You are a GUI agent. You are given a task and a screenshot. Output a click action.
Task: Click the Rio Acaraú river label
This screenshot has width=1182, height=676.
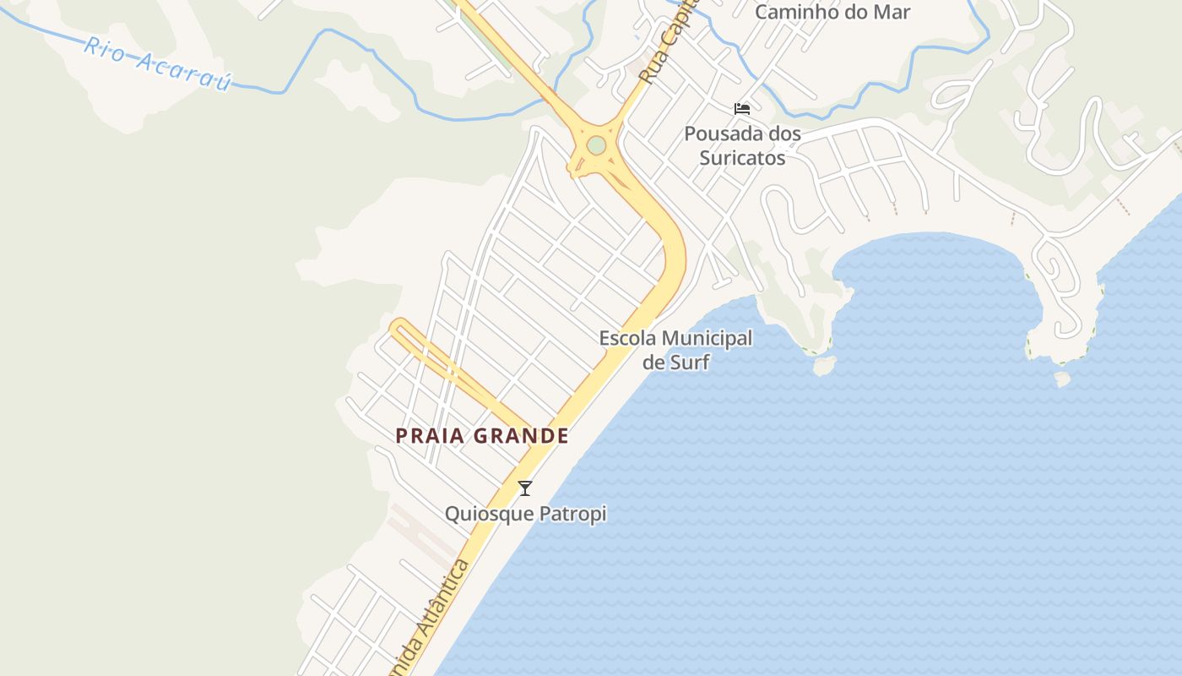[x=157, y=63]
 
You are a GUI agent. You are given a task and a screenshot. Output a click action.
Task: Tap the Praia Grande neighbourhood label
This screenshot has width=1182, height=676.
[x=481, y=436]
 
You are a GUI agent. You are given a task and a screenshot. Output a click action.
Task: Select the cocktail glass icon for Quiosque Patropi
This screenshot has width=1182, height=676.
[x=525, y=488]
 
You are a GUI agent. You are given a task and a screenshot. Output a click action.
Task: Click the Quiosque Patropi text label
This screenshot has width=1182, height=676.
[x=525, y=513]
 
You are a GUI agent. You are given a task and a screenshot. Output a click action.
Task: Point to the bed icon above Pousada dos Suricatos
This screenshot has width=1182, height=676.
[x=742, y=108]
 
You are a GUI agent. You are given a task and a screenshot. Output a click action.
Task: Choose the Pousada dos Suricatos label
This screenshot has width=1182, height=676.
[x=742, y=145]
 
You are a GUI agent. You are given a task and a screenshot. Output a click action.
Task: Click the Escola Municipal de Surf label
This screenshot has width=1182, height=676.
[x=675, y=350]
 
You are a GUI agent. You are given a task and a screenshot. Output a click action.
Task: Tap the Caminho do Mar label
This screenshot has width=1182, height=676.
[x=832, y=13]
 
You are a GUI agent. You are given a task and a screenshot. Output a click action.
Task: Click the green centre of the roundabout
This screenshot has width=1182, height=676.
[x=596, y=145]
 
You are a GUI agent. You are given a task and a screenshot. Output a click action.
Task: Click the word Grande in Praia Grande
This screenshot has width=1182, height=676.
[x=520, y=436]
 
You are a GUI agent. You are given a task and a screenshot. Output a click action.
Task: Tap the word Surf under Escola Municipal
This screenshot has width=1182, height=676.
[x=675, y=363]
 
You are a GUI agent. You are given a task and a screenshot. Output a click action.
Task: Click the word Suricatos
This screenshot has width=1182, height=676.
[x=742, y=158]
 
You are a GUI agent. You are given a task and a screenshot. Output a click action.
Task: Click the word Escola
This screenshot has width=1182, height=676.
[x=626, y=339]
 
